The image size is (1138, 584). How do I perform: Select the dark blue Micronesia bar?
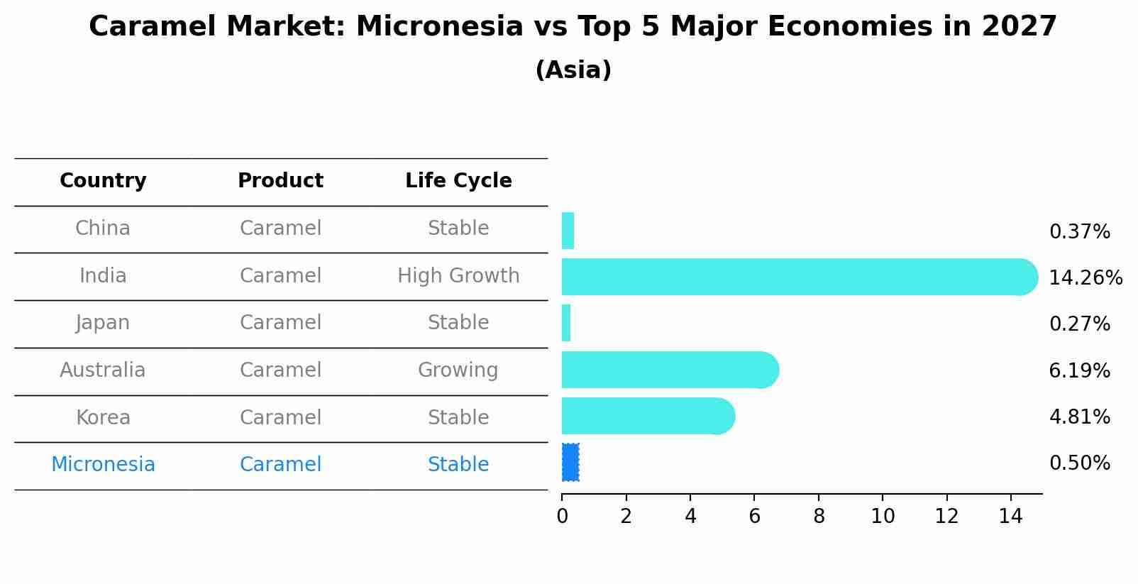(x=570, y=463)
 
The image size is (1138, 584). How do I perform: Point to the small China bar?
(x=568, y=231)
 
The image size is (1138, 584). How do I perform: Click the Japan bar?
(x=566, y=323)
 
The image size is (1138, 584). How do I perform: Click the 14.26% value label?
(x=1085, y=278)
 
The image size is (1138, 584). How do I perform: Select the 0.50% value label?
(x=1079, y=463)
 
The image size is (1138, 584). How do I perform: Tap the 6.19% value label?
(x=1079, y=370)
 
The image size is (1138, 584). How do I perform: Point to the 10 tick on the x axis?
(x=883, y=517)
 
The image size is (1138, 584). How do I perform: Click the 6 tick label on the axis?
(x=754, y=517)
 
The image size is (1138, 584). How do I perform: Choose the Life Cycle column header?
(x=458, y=181)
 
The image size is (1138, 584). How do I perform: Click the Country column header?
(x=103, y=181)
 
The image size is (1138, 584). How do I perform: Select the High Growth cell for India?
(x=458, y=276)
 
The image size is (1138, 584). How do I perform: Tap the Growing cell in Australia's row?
(x=458, y=370)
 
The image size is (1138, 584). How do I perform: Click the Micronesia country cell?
(x=103, y=465)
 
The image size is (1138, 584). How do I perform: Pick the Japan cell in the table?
(x=103, y=323)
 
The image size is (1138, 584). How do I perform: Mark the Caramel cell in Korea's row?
(x=280, y=417)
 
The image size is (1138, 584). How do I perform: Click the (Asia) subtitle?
(x=573, y=70)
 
